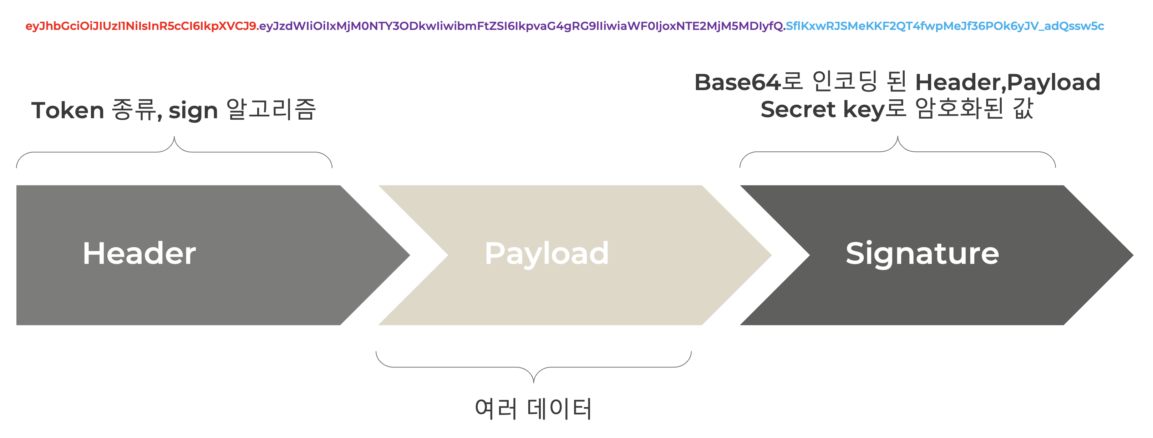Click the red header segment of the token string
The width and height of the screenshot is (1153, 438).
click(141, 26)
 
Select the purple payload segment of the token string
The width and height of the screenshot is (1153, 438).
click(522, 26)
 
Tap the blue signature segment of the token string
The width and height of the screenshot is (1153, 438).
click(944, 26)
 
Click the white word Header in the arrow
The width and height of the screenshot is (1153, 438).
click(139, 254)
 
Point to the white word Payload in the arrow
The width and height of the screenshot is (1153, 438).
click(547, 254)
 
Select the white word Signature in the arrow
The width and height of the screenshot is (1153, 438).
click(922, 254)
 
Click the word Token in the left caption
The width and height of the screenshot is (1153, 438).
click(67, 110)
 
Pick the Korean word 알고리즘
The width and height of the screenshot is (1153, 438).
click(271, 110)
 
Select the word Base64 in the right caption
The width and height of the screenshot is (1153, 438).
click(738, 83)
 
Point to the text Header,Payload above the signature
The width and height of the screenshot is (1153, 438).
click(1007, 83)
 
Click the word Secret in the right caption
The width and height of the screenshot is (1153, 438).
click(798, 110)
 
